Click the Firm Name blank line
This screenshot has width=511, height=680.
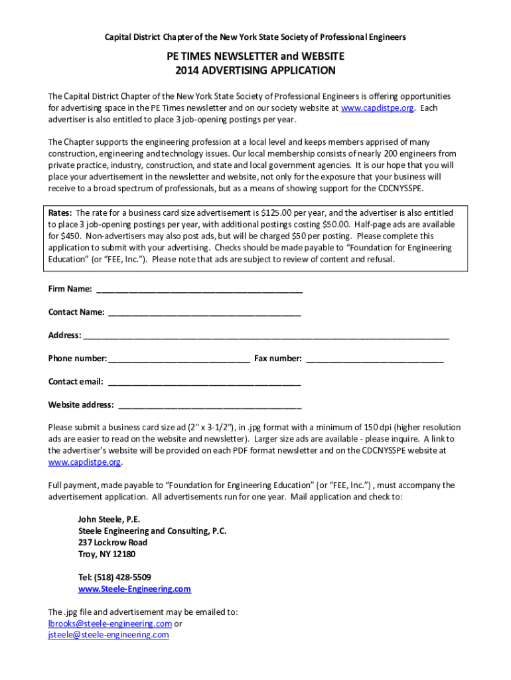199,290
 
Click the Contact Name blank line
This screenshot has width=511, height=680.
204,313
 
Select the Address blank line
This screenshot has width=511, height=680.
265,336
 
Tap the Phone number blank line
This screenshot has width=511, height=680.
179,359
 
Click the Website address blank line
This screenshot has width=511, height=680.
208,406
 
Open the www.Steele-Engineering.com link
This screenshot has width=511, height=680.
134,589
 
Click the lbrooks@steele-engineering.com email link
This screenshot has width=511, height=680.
110,624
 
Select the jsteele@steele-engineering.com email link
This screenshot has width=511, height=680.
108,635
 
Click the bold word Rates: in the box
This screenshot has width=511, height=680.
60,213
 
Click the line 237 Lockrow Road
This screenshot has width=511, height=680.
112,543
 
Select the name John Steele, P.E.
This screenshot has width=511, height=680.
109,519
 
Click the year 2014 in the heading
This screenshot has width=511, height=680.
187,70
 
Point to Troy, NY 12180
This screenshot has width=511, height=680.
106,554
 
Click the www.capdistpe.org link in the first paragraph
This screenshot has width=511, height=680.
378,108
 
